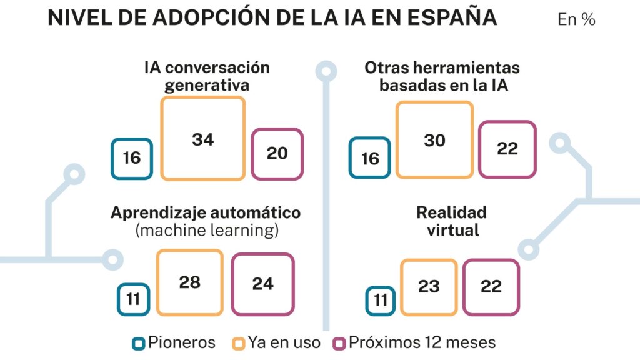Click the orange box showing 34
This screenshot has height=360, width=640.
203,138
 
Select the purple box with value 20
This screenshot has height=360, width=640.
277,153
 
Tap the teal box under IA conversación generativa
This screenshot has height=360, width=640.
132,158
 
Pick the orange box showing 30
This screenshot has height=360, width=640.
434,140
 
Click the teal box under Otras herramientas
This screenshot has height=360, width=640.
370,157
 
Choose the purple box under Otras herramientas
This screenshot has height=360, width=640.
507,149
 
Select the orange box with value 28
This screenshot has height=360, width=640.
189,282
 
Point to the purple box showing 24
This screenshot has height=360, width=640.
262,284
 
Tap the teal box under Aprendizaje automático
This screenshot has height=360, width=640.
133,299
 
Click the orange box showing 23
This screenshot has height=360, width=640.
429,286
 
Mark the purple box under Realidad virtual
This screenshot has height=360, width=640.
491,286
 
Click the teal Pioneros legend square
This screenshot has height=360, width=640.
139,343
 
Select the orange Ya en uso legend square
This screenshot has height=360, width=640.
237,343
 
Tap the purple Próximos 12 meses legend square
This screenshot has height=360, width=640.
340,343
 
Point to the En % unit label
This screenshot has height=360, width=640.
576,20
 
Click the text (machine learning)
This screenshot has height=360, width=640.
207,230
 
